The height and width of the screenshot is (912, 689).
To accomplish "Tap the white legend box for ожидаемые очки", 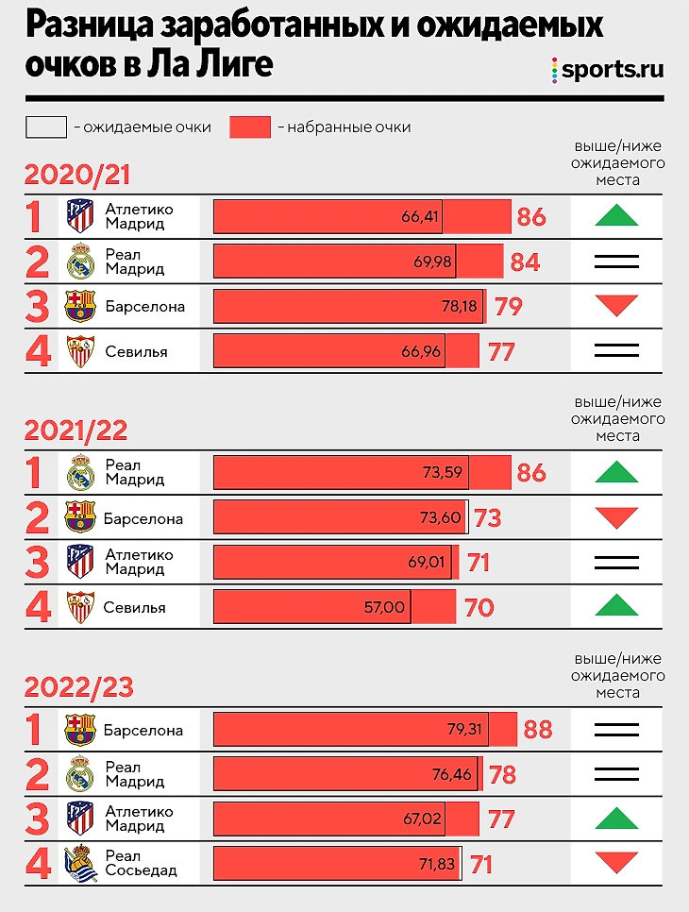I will click(x=46, y=127).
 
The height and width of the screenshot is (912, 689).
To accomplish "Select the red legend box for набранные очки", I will click(x=250, y=127).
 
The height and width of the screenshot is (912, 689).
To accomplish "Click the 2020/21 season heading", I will click(x=76, y=176).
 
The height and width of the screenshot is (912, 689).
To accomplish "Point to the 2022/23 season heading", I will click(x=78, y=686).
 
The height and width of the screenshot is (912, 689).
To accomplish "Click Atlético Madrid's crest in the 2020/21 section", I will click(x=80, y=217).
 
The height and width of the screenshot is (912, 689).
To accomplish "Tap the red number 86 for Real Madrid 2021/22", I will click(x=531, y=472).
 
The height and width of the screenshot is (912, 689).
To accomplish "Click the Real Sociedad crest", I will click(x=80, y=863).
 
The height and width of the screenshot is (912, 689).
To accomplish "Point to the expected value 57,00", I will click(x=384, y=607).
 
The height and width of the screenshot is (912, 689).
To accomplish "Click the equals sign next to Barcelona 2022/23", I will click(x=616, y=730).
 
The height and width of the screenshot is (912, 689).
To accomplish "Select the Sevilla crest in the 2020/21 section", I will click(x=80, y=352).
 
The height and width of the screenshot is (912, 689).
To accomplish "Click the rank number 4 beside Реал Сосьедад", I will click(x=35, y=863).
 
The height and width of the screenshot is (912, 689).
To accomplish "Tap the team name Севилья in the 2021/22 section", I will click(x=135, y=607).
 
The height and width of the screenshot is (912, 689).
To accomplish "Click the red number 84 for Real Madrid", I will click(x=525, y=262).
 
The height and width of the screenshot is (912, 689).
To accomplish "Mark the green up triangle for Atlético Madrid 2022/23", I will click(x=616, y=818).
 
